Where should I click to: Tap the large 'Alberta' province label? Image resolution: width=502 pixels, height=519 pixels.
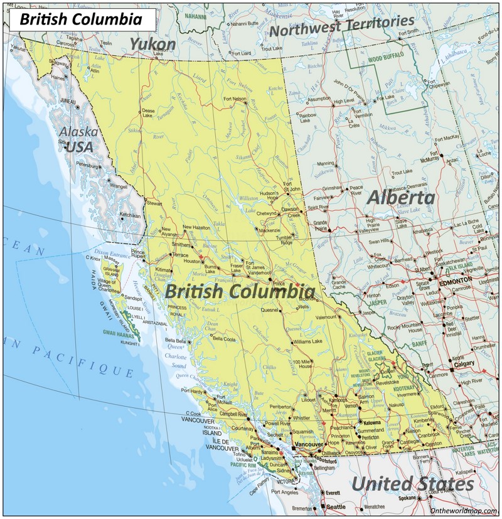pyautogui.click(x=400, y=197)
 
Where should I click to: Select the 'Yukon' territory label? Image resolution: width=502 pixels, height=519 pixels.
pyautogui.click(x=152, y=43)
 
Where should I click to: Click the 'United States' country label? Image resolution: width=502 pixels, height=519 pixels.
pyautogui.click(x=412, y=484)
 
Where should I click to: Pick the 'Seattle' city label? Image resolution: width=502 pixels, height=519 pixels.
pyautogui.click(x=336, y=507)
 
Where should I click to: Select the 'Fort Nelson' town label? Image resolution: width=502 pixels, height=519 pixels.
pyautogui.click(x=235, y=99)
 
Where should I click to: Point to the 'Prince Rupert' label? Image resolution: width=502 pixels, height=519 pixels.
pyautogui.click(x=138, y=255)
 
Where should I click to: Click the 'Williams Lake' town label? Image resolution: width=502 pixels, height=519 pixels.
pyautogui.click(x=307, y=341)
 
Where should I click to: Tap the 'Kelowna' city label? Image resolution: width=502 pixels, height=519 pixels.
pyautogui.click(x=372, y=423)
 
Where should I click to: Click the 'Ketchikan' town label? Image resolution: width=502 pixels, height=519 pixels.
pyautogui.click(x=130, y=215)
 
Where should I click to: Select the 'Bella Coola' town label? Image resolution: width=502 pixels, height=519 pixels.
pyautogui.click(x=225, y=339)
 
